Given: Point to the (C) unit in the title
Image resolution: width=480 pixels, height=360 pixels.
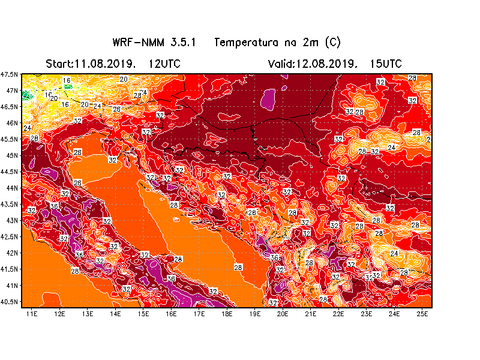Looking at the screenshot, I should tap(332, 43).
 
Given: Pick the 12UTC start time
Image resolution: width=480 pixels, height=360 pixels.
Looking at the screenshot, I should tap(164, 64).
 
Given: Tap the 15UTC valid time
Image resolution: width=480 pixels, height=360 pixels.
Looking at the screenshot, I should tap(386, 64).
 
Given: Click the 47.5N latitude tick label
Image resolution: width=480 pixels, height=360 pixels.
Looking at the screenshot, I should tap(10, 74).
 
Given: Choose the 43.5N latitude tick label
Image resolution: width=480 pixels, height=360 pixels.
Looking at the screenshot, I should tap(10, 204).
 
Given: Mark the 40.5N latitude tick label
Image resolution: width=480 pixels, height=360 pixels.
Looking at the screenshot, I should tap(10, 301).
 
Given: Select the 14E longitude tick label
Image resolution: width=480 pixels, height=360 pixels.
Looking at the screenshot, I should tap(115, 313).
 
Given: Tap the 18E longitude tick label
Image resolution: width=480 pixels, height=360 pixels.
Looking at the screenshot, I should tap(227, 313).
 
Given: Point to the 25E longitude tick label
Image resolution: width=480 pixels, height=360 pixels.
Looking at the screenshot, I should tap(422, 313).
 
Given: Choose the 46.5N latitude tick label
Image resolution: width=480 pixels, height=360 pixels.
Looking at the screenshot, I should tap(10, 107).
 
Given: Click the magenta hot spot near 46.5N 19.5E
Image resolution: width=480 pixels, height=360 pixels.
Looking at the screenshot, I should tap(268, 100).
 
